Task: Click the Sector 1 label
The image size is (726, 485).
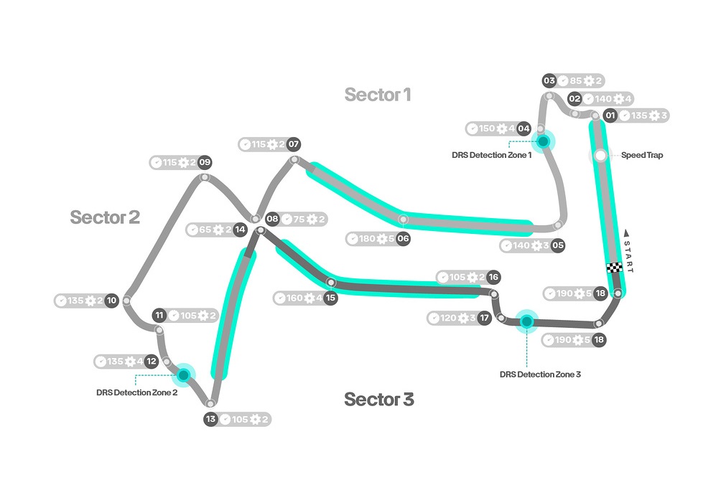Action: [377, 95]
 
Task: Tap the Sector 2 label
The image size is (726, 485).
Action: [105, 217]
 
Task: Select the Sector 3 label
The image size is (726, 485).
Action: [378, 399]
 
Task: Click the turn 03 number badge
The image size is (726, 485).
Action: [549, 80]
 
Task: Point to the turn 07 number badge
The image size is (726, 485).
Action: [294, 144]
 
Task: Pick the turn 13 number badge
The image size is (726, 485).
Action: [210, 419]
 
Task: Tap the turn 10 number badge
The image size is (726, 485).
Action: [111, 301]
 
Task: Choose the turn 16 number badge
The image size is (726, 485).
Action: [493, 277]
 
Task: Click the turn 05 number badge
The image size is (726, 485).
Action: [558, 245]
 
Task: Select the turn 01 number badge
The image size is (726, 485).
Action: [610, 116]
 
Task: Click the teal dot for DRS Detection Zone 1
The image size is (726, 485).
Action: [543, 141]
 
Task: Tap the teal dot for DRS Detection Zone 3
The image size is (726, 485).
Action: [526, 321]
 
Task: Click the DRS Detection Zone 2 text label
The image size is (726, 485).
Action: [136, 392]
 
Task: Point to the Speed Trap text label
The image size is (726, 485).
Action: [642, 155]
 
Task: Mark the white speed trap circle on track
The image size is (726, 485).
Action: [600, 156]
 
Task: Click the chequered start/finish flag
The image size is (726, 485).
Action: [614, 268]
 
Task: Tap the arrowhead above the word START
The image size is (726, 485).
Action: [626, 232]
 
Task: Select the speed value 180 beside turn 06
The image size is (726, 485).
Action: [367, 239]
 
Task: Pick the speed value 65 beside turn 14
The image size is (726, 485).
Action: [205, 230]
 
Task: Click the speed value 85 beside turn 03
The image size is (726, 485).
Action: [575, 80]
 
